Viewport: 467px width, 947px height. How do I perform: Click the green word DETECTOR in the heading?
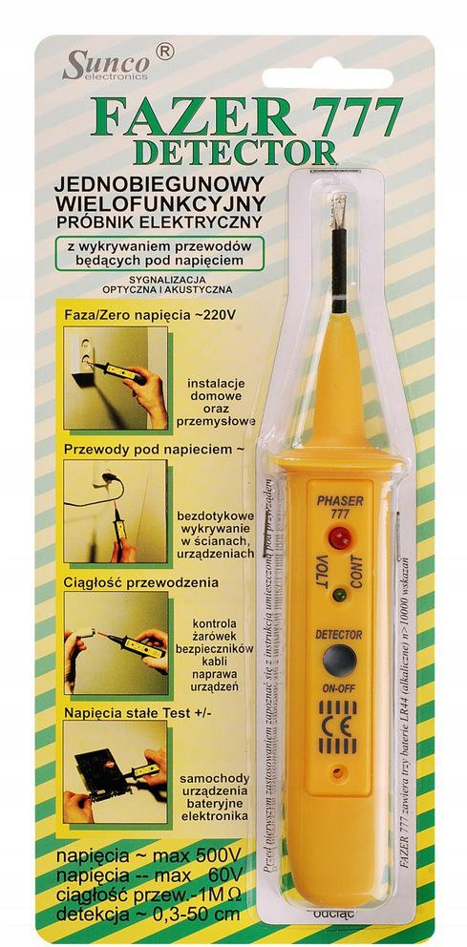pos(235,151)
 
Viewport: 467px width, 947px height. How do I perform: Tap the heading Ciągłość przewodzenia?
pos(141,581)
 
